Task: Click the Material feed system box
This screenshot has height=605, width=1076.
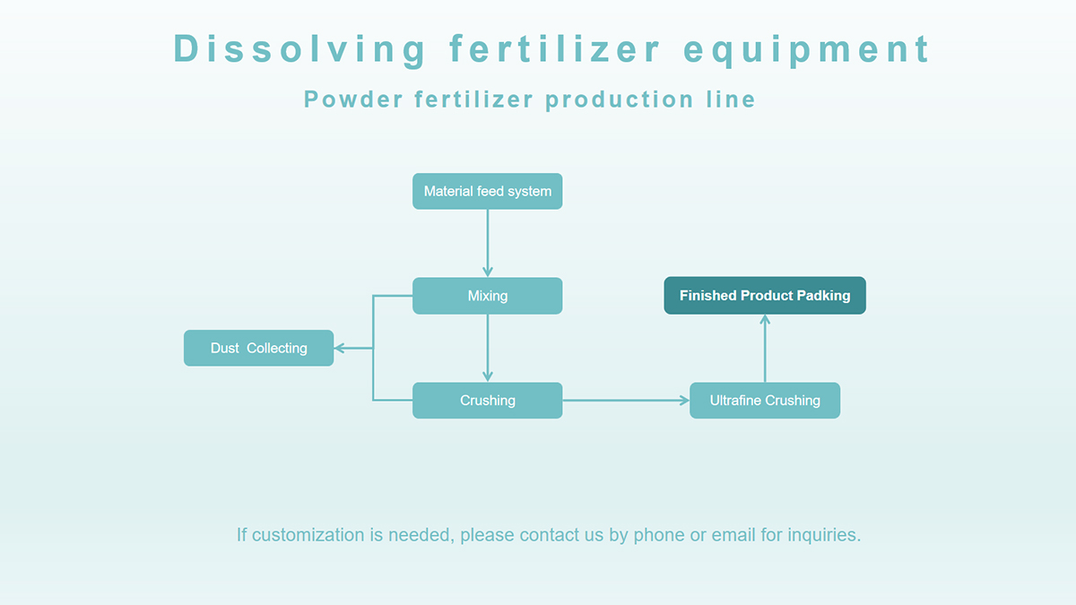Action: click(487, 191)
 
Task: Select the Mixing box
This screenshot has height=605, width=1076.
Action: click(487, 296)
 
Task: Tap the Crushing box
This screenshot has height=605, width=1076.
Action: click(487, 401)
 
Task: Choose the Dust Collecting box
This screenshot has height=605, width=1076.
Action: click(258, 348)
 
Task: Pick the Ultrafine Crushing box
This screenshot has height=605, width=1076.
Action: click(765, 401)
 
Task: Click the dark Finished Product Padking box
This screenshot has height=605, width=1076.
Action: click(765, 295)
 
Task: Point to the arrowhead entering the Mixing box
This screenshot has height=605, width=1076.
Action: click(488, 272)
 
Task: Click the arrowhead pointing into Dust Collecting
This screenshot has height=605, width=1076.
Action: click(339, 348)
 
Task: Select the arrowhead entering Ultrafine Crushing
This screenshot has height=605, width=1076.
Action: click(684, 401)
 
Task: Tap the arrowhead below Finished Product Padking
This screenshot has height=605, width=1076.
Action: click(765, 320)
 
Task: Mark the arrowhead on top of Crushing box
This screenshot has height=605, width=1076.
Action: click(488, 377)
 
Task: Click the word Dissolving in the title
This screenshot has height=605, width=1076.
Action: click(299, 49)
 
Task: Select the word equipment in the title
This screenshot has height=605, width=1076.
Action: click(806, 49)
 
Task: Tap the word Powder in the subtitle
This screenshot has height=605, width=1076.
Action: click(353, 99)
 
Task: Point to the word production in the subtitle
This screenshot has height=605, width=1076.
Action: click(620, 99)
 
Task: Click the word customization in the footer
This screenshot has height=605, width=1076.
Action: click(308, 535)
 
